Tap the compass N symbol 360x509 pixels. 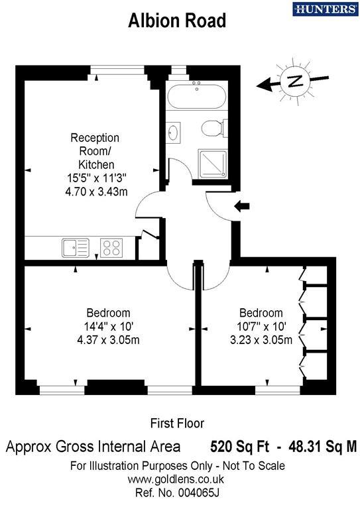tap(295, 82)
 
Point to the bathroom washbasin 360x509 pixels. tap(174, 133)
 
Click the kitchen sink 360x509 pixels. tap(75, 248)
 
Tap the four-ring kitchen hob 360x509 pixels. tap(111, 248)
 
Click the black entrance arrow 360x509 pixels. tap(243, 207)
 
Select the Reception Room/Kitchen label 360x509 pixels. tap(95, 151)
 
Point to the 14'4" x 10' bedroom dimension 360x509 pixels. tap(108, 327)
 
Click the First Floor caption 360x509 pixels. tap(177, 423)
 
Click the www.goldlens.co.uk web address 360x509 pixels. tap(177, 479)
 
